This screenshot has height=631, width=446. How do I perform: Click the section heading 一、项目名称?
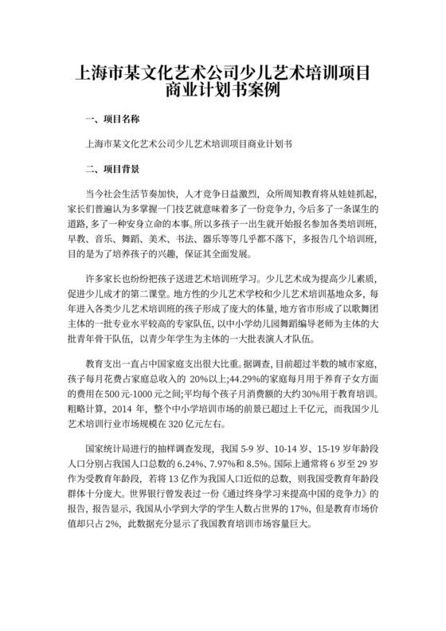click(111, 120)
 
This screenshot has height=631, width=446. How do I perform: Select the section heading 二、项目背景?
click(111, 170)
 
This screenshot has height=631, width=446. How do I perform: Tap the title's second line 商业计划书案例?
click(223, 88)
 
